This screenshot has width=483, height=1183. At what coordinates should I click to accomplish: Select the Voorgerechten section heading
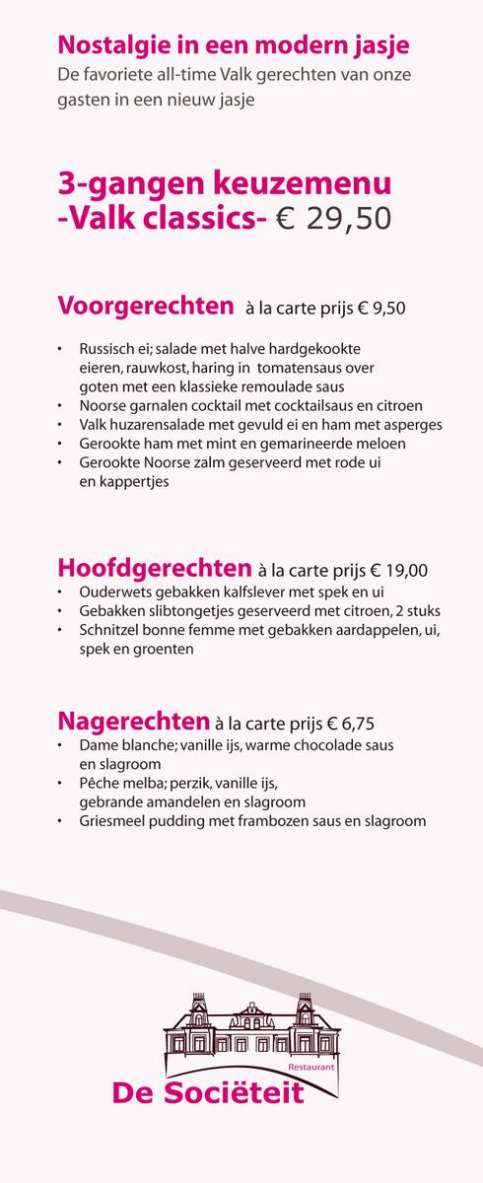click(x=146, y=305)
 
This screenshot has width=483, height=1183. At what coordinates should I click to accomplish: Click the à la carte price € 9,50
click(x=381, y=309)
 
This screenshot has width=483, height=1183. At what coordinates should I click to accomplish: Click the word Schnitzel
click(x=109, y=631)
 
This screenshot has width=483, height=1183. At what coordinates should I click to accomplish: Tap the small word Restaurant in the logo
click(x=313, y=1067)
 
